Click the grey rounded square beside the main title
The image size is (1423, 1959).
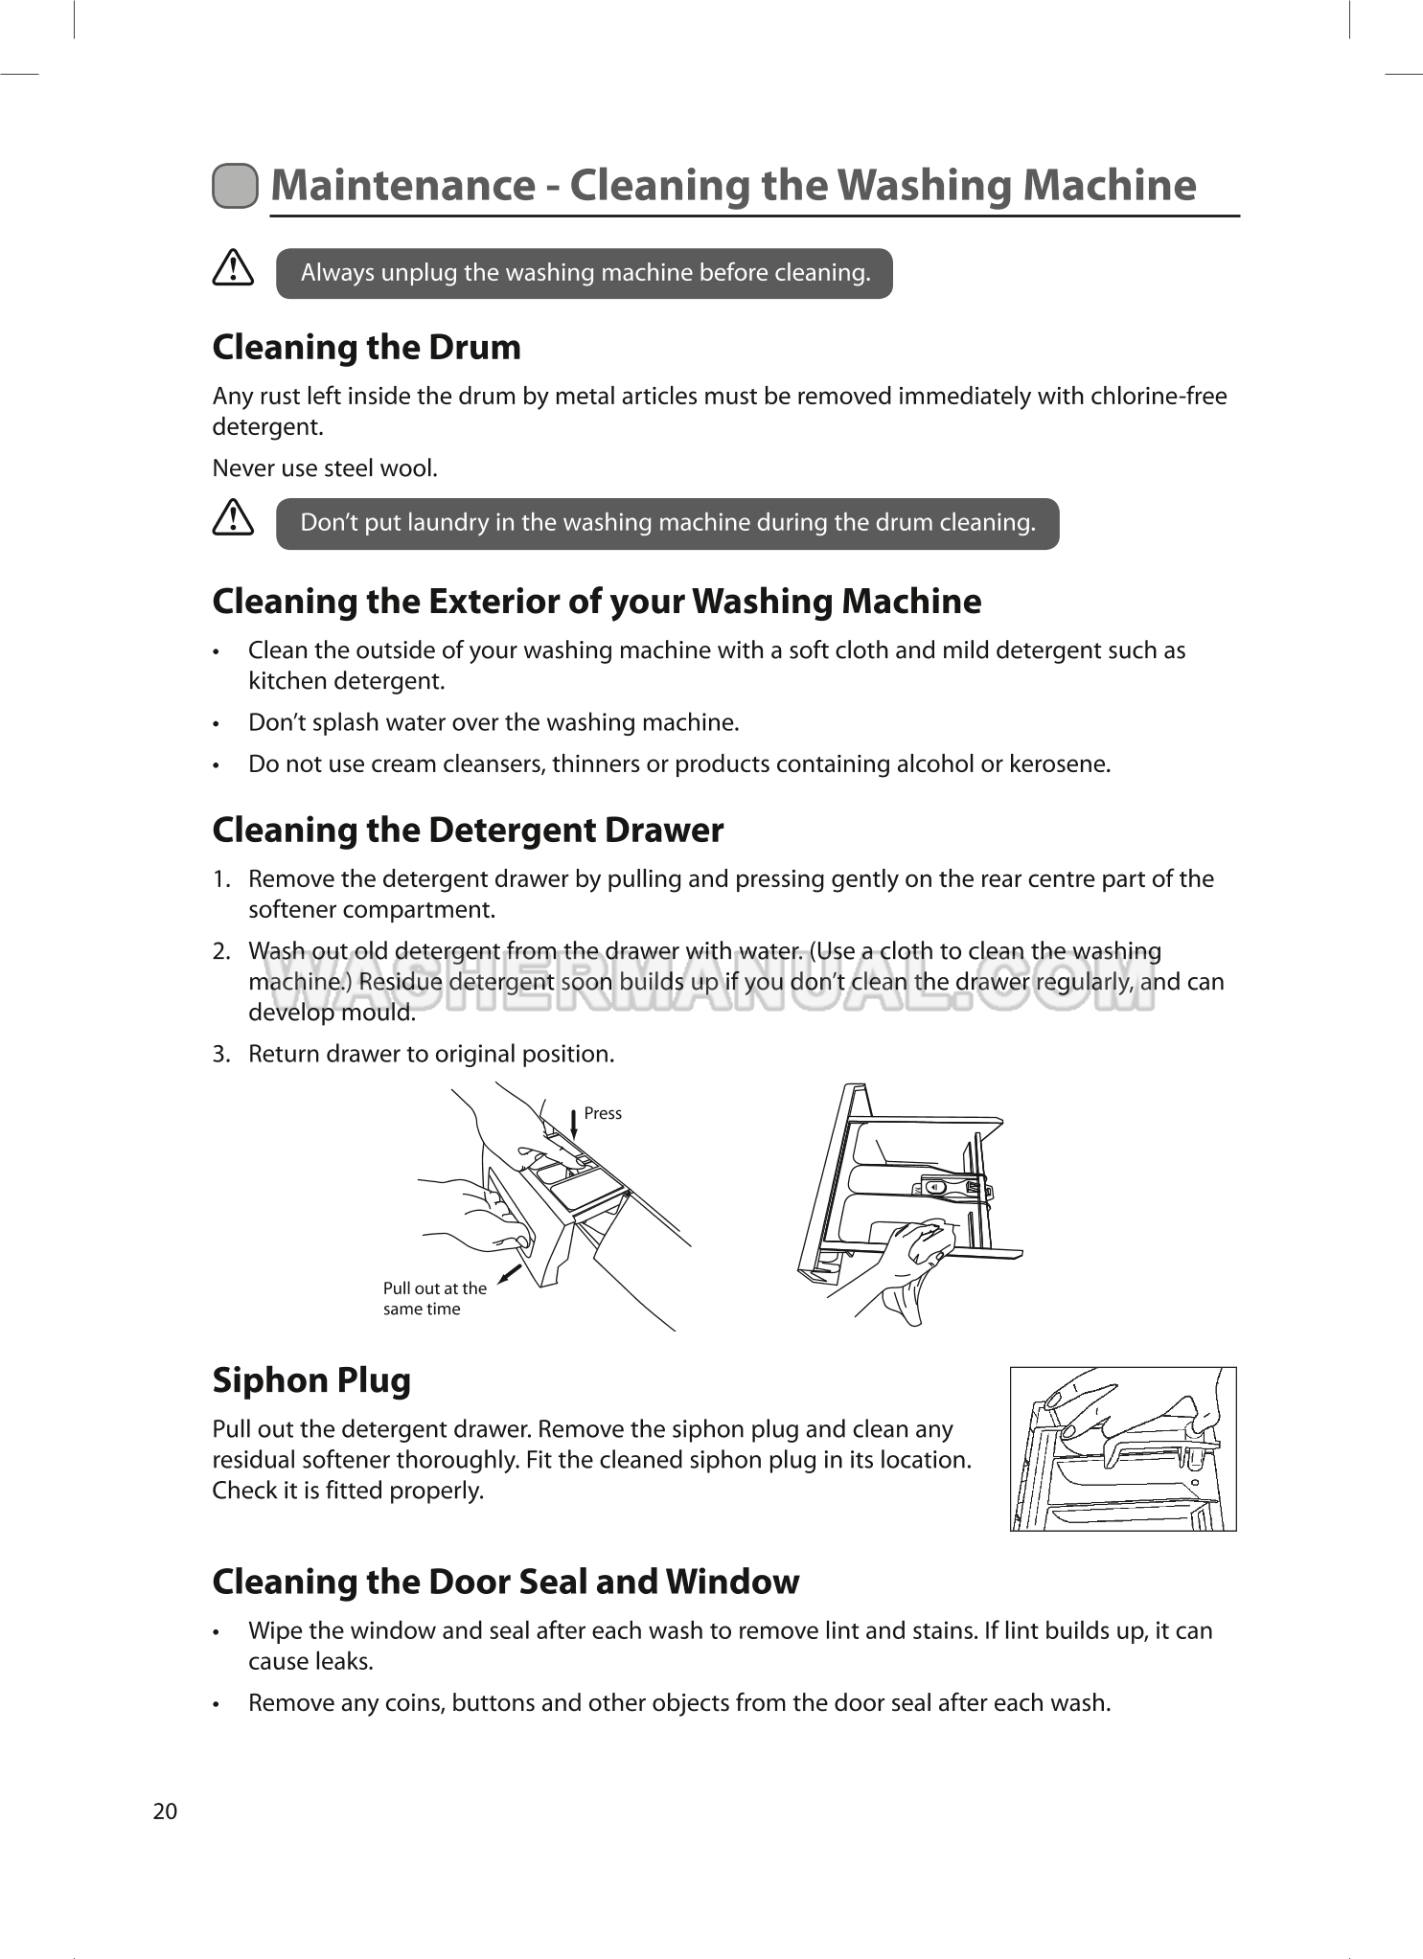235,186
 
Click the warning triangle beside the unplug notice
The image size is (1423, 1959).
233,268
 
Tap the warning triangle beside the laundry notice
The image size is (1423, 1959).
233,518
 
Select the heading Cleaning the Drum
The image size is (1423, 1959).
366,347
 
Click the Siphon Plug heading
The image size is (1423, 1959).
311,1380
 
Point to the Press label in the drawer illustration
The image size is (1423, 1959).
603,1113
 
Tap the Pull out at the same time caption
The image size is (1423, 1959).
434,1299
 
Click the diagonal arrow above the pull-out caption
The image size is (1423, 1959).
511,1273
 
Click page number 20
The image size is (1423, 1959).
165,1811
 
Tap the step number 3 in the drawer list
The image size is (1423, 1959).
220,1055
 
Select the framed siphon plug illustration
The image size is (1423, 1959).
1122,1448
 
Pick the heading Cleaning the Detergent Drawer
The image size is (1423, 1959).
468,830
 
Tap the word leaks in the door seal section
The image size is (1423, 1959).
342,1662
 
